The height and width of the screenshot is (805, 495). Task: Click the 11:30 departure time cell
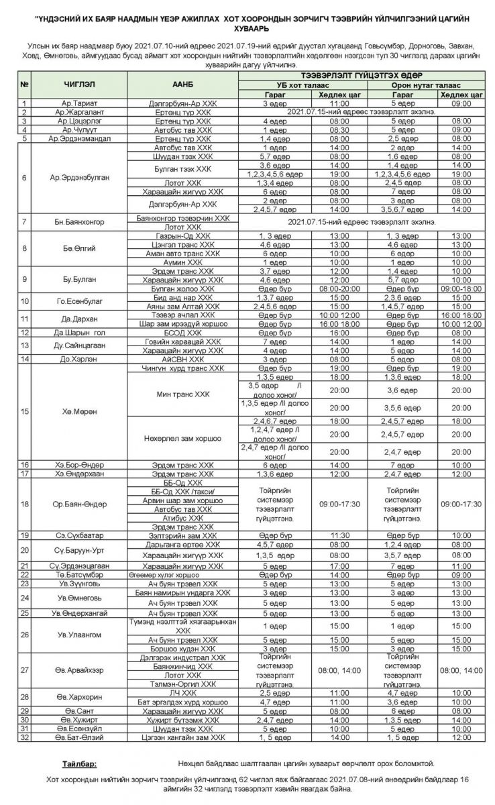click(x=339, y=535)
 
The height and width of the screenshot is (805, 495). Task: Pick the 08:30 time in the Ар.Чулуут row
click(x=339, y=129)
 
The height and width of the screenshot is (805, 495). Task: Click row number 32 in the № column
click(x=24, y=737)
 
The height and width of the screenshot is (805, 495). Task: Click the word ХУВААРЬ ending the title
click(x=247, y=30)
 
